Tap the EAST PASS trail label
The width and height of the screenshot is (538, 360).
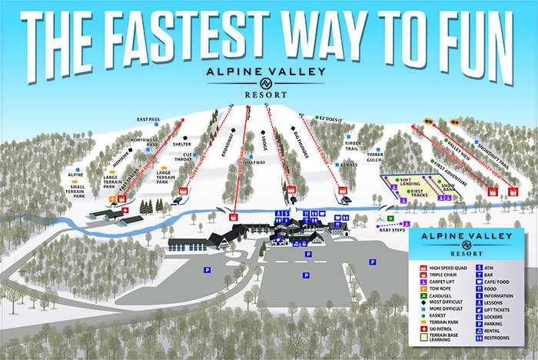click(x=148, y=120)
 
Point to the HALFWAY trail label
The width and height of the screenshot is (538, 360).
click(x=254, y=162)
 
